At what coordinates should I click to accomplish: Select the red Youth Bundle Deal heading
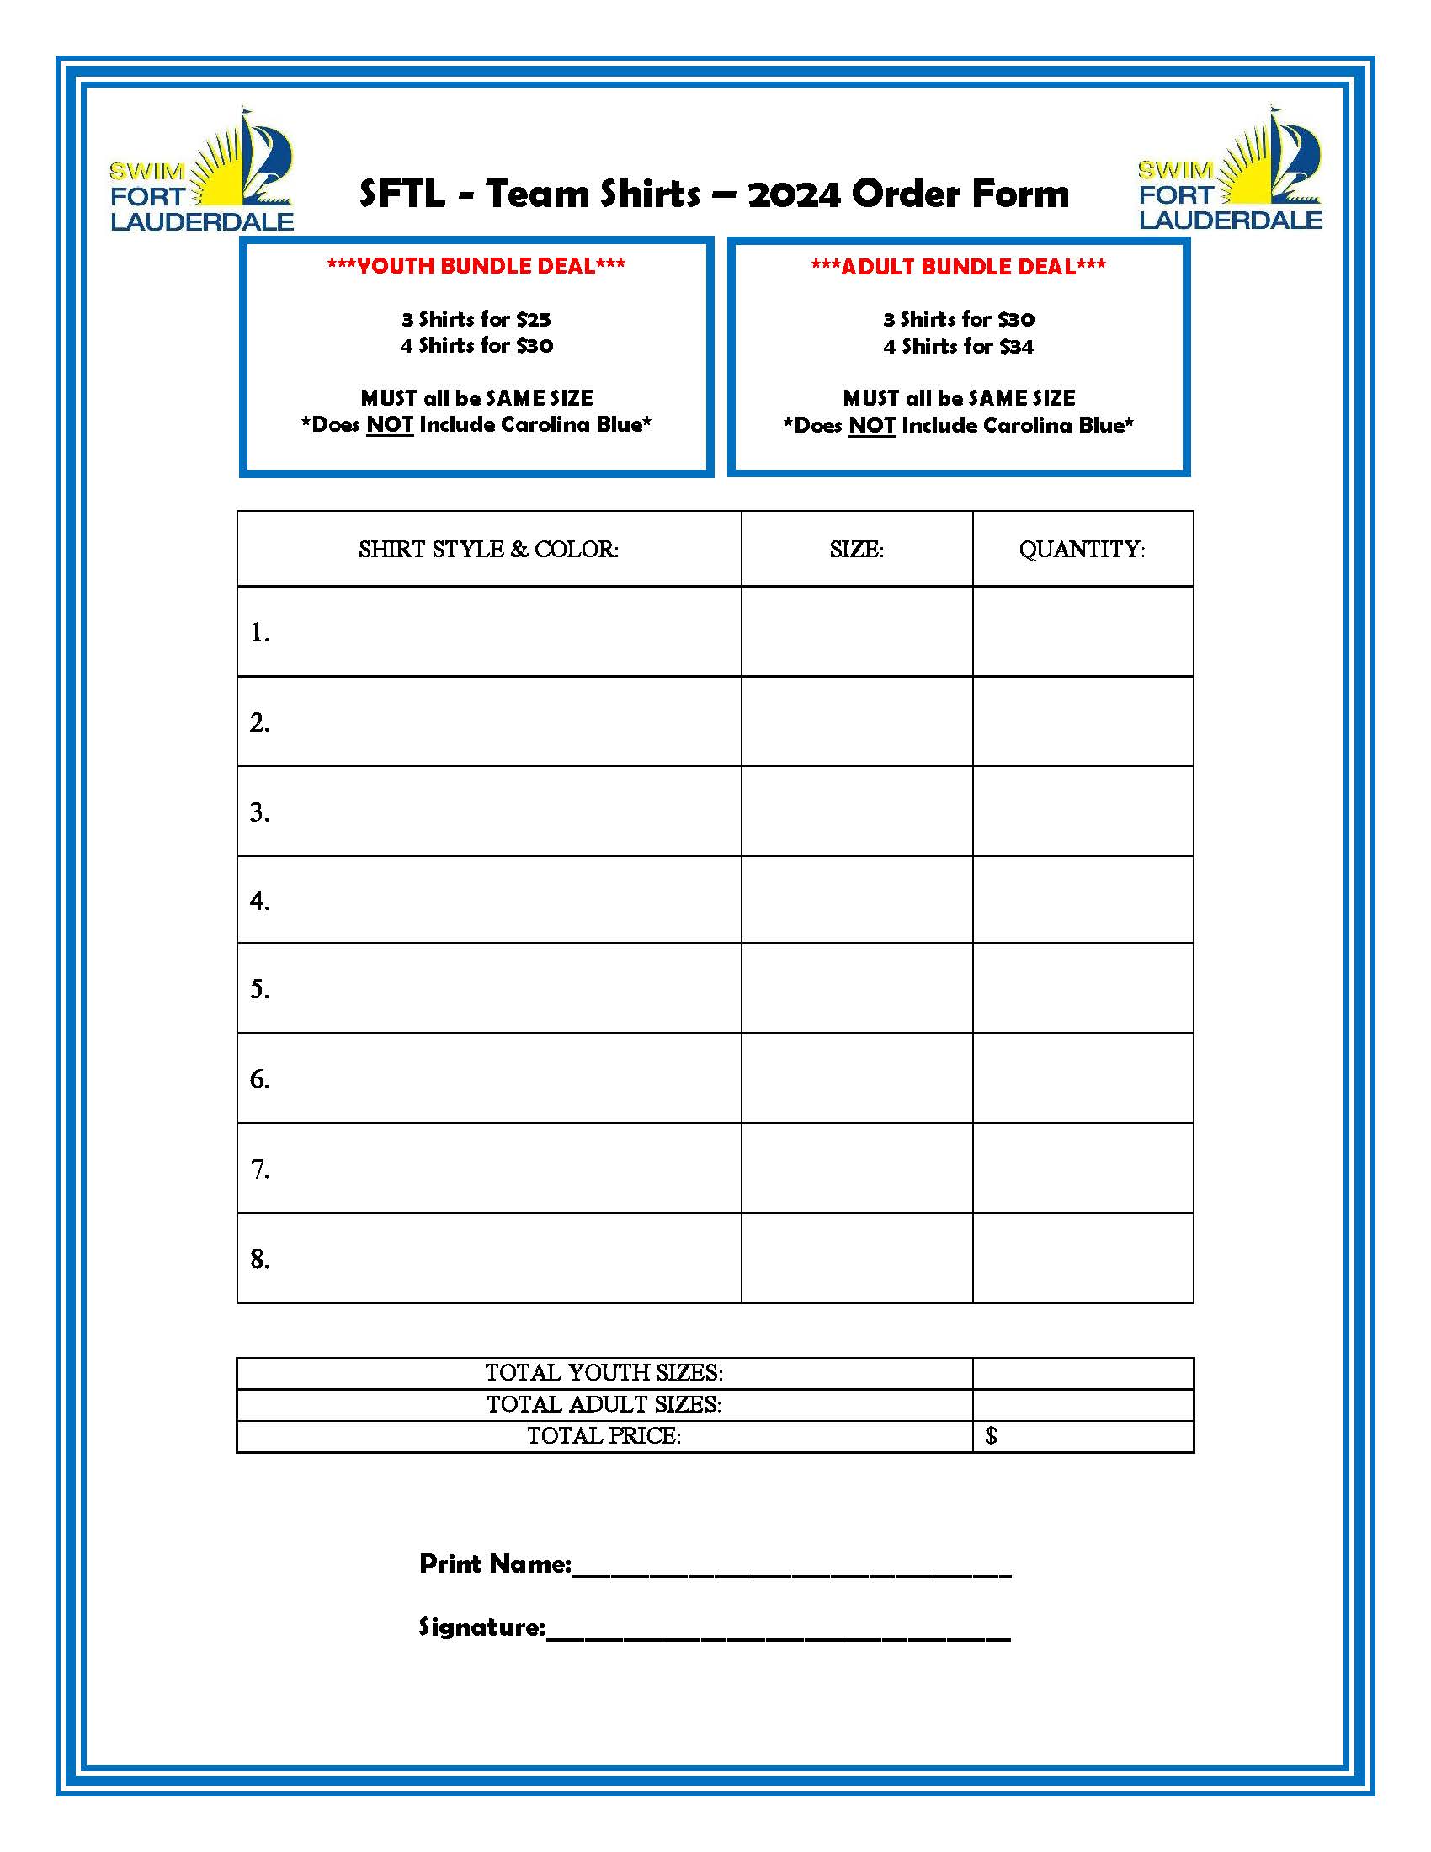pos(476,266)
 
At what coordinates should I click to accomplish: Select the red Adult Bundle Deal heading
pos(958,267)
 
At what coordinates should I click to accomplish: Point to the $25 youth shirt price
pos(533,320)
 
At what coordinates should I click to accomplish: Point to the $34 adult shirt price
pos(1016,347)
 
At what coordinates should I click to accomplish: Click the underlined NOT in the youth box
pos(389,425)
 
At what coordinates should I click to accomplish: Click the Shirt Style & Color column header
pos(488,550)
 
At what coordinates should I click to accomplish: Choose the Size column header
pos(856,550)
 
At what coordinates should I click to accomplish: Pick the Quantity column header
pos(1082,550)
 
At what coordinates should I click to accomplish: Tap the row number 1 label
pos(259,632)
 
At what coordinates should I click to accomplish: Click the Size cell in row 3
pos(856,812)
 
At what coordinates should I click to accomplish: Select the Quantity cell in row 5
pos(1083,988)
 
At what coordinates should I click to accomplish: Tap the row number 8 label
pos(259,1259)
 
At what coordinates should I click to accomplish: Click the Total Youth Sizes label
pos(604,1373)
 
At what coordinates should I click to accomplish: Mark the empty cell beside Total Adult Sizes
pos(1083,1405)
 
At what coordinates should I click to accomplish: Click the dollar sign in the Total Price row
pos(991,1436)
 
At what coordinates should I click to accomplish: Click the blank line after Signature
pos(779,1634)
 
